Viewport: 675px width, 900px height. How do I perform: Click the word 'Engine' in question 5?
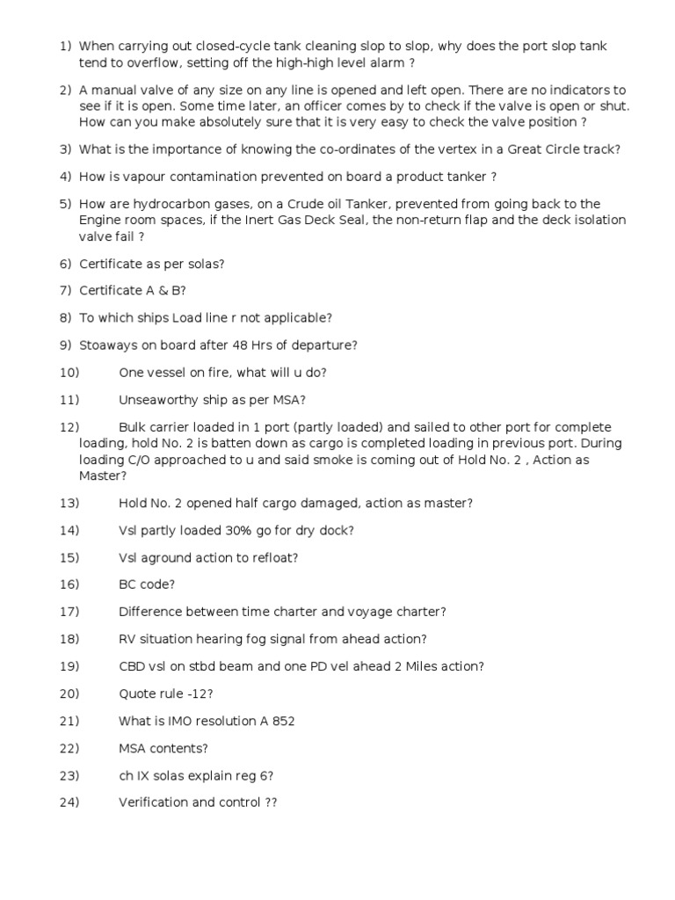click(x=99, y=220)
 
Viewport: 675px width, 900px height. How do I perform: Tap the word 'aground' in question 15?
click(x=166, y=558)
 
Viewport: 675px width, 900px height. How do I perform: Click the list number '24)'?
click(x=69, y=802)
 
